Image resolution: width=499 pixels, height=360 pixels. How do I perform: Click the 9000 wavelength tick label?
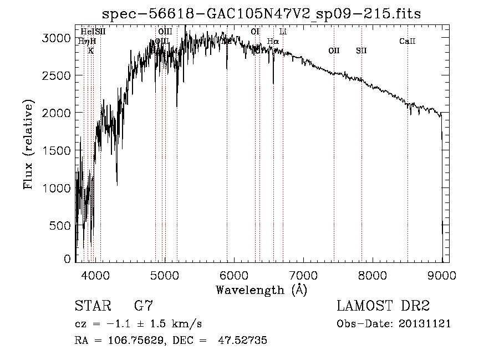[442, 275]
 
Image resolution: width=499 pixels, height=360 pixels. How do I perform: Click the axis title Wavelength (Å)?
[261, 290]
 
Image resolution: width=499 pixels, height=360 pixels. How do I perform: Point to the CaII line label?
[407, 41]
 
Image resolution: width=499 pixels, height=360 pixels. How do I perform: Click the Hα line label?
[273, 41]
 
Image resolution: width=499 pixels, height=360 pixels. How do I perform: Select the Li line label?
[283, 32]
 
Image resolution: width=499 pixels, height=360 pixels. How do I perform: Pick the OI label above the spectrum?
[255, 32]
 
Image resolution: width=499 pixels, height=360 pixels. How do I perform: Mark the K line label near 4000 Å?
[91, 50]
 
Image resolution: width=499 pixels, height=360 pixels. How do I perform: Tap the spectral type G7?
[144, 306]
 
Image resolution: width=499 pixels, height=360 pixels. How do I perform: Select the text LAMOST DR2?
[383, 306]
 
